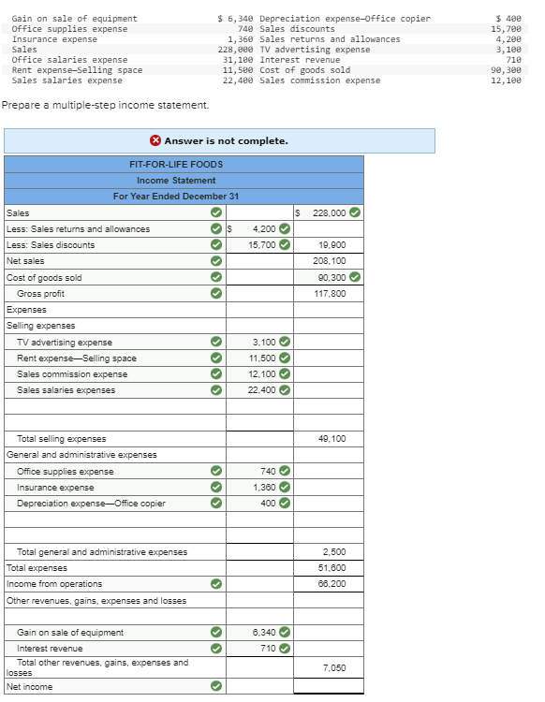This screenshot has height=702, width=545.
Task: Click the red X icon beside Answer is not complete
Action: tap(155, 141)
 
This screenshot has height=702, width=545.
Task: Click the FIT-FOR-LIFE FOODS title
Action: tap(176, 164)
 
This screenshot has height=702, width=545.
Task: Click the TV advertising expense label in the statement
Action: tap(65, 343)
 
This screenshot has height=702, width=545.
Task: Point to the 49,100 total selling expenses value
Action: tap(331, 438)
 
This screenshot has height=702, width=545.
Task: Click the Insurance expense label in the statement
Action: tap(55, 488)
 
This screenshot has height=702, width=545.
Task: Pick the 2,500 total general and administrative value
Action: tap(334, 552)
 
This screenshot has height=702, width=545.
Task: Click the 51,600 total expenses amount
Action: tap(331, 568)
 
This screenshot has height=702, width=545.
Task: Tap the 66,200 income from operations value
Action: tap(331, 584)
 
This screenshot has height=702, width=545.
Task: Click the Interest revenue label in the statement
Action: tap(50, 649)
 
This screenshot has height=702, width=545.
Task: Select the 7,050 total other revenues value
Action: tap(334, 667)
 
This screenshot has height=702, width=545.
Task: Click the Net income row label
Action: tap(29, 687)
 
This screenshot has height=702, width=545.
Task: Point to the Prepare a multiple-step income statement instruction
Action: tap(92, 105)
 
